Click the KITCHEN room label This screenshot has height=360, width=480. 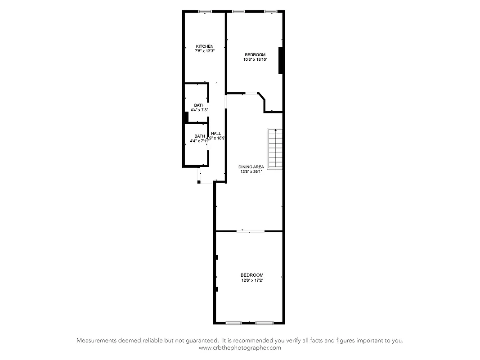coord(205,47)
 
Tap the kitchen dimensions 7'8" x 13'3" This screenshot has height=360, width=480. coord(205,51)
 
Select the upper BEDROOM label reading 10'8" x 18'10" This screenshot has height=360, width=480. coord(255,55)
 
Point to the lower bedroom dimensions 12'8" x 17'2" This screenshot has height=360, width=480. coord(251,280)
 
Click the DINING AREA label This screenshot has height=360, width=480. coord(251,167)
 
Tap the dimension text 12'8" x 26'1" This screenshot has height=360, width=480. coord(251,171)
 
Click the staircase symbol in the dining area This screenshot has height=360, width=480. coord(274,149)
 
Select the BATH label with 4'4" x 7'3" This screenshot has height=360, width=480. coord(199,105)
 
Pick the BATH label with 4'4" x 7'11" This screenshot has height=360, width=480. coord(199,136)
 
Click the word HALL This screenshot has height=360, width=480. coord(216,134)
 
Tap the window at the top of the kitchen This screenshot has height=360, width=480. coord(205,11)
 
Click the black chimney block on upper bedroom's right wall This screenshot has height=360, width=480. coord(281,60)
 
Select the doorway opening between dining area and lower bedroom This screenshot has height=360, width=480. coord(251,231)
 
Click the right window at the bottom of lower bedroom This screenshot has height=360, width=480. coord(265,323)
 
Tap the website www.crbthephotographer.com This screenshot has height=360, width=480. coord(240,348)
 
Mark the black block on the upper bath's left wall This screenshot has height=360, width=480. coord(185,117)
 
